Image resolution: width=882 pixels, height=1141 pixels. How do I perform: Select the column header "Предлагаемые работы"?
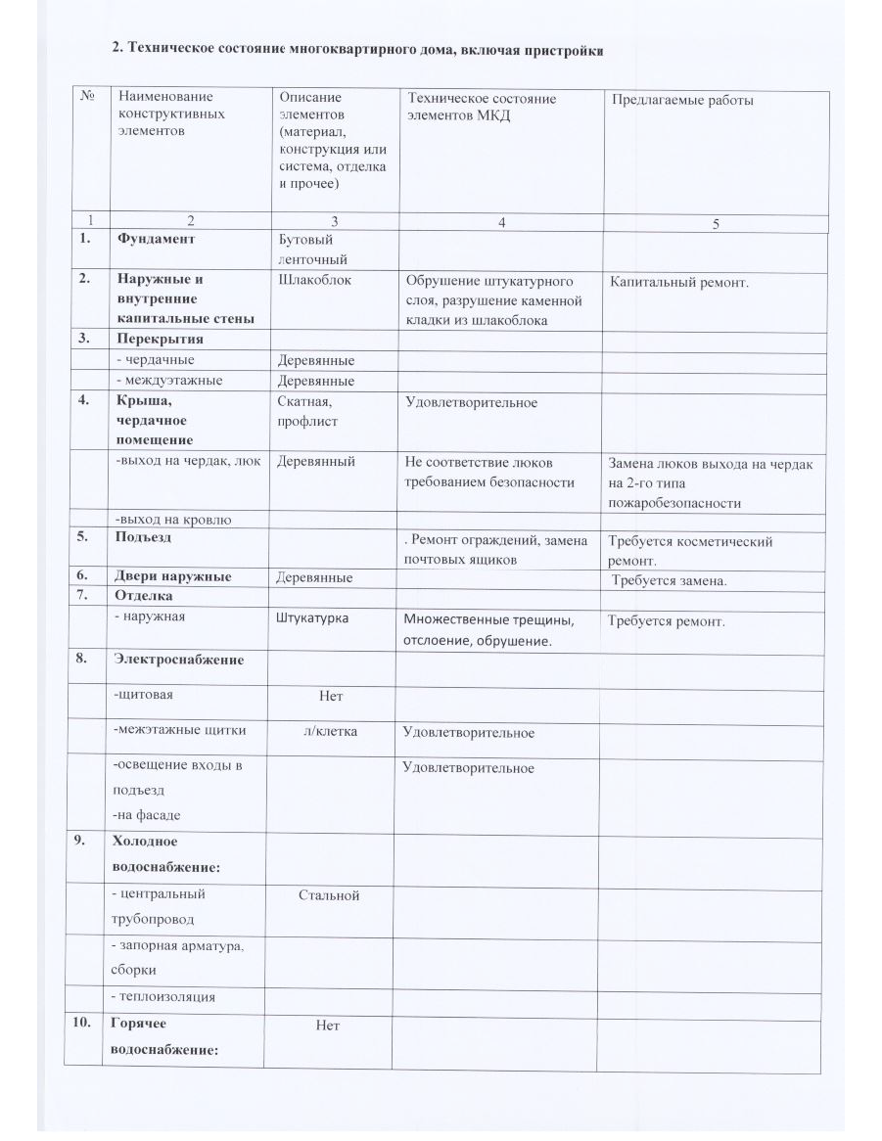click(x=681, y=99)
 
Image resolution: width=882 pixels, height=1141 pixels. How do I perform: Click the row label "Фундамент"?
click(x=156, y=239)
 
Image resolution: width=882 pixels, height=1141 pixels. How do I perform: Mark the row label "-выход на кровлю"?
click(x=172, y=520)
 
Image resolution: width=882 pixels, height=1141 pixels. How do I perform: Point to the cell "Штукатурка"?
click(x=313, y=619)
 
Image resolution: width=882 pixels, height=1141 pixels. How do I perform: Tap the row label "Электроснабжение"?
click(x=178, y=660)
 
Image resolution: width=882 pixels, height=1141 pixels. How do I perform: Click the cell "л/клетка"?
click(x=330, y=730)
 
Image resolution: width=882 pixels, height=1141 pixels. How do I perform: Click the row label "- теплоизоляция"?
click(x=164, y=997)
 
